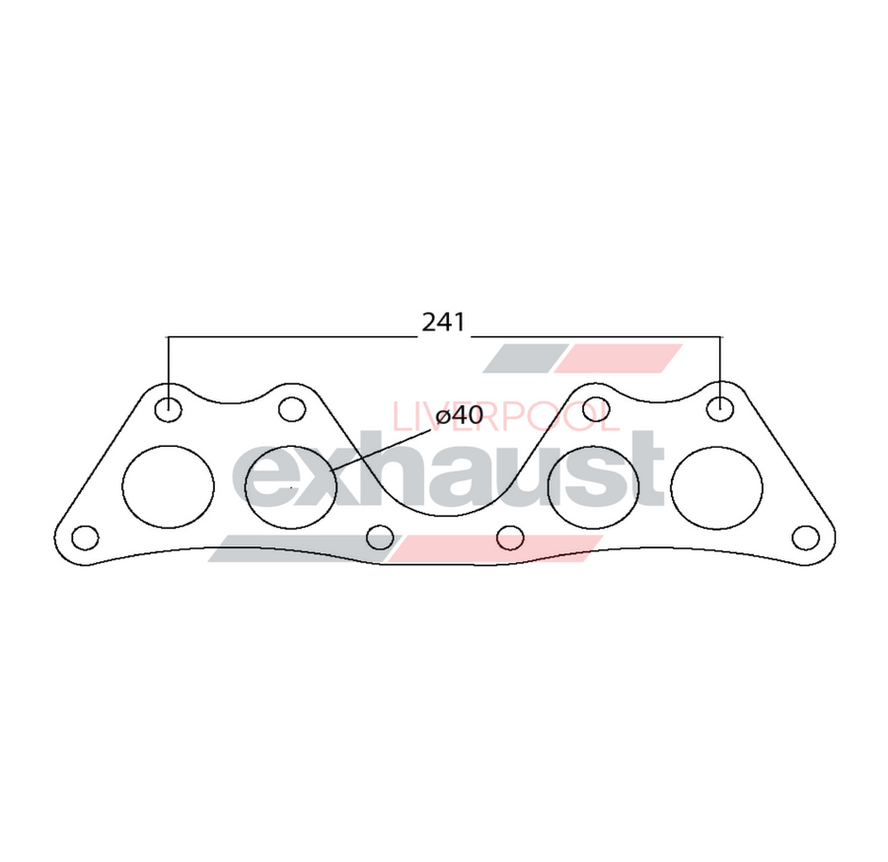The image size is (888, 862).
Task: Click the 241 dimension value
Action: click(x=443, y=323)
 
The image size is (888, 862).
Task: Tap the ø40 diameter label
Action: click(x=459, y=415)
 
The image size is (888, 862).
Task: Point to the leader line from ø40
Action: click(x=380, y=451)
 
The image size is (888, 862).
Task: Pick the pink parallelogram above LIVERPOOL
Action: click(x=619, y=358)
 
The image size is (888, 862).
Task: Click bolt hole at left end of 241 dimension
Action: click(x=169, y=407)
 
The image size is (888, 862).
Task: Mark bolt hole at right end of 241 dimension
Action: click(x=721, y=406)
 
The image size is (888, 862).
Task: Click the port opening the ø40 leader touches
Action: click(x=291, y=486)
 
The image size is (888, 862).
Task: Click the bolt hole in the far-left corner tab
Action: click(x=86, y=538)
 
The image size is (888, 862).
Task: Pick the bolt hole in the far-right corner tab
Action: click(x=805, y=538)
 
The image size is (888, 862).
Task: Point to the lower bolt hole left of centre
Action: click(x=380, y=537)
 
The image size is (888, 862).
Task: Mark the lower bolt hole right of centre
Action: click(x=510, y=537)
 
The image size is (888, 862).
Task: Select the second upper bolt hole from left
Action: click(x=291, y=407)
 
